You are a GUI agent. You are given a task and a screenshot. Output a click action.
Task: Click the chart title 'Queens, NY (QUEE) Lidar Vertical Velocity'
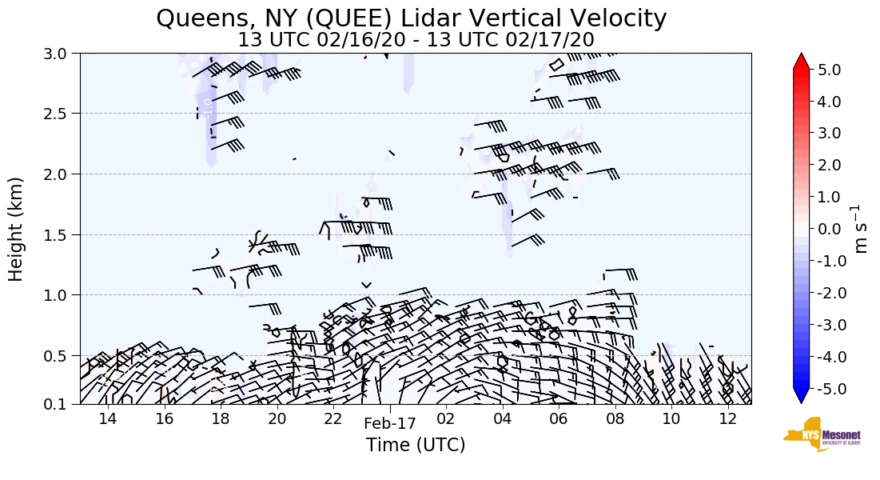(x=411, y=18)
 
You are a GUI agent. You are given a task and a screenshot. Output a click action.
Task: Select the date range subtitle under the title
(x=416, y=38)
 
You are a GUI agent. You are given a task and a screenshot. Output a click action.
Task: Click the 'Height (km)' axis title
(x=16, y=229)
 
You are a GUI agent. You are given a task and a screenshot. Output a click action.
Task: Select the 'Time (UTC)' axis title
(x=416, y=445)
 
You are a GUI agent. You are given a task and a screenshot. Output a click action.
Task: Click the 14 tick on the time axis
(x=108, y=418)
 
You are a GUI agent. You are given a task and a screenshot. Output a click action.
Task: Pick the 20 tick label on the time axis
(x=277, y=418)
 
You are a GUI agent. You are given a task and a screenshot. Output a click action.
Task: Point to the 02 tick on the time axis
(x=445, y=418)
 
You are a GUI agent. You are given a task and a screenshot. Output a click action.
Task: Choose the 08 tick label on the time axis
(x=615, y=418)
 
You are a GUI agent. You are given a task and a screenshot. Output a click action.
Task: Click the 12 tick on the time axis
(x=727, y=418)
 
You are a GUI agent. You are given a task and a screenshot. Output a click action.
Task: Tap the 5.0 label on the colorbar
(x=835, y=70)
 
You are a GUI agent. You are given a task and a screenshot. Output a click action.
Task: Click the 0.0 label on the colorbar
(x=835, y=229)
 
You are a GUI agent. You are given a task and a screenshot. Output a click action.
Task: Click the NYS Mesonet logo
(x=816, y=434)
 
